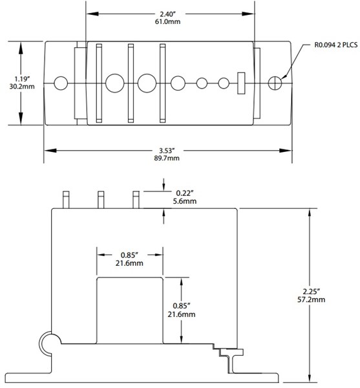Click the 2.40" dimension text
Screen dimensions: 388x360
pos(170,12)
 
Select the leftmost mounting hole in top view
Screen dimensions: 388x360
pos(61,83)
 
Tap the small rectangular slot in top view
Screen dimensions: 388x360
pos(243,83)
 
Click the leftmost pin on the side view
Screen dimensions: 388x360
pos(65,200)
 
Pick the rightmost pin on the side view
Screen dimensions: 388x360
pos(136,200)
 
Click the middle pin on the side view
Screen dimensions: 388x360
pos(101,200)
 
